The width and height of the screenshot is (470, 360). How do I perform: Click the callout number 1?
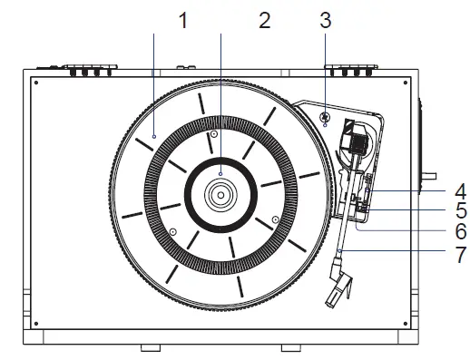(183, 21)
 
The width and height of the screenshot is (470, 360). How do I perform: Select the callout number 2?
(265, 21)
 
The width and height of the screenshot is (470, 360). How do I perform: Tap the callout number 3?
(326, 21)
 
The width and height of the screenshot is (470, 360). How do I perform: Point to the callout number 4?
(461, 191)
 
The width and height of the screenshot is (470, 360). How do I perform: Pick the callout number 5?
(461, 210)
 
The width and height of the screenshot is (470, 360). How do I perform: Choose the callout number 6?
(461, 232)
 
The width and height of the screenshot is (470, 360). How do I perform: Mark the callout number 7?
(461, 255)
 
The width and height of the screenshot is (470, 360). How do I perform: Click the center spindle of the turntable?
(220, 195)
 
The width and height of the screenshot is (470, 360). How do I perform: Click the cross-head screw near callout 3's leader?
(325, 116)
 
